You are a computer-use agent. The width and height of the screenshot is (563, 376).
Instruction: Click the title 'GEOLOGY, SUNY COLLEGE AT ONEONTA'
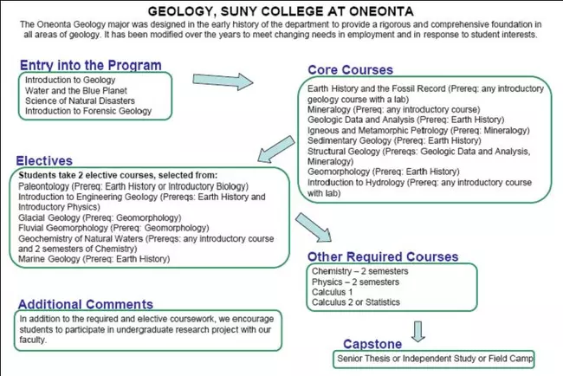click(x=281, y=11)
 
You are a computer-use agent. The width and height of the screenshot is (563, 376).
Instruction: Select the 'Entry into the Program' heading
click(x=90, y=65)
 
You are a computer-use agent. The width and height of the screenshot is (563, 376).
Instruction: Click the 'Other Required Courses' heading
click(x=382, y=257)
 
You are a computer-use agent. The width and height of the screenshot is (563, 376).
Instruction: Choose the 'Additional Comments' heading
click(x=85, y=304)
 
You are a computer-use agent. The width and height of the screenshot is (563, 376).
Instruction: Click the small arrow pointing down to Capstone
click(x=418, y=330)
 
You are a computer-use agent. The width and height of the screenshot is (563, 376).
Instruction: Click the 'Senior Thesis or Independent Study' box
click(x=433, y=359)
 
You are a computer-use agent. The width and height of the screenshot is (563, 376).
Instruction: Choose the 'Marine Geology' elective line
click(x=94, y=258)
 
